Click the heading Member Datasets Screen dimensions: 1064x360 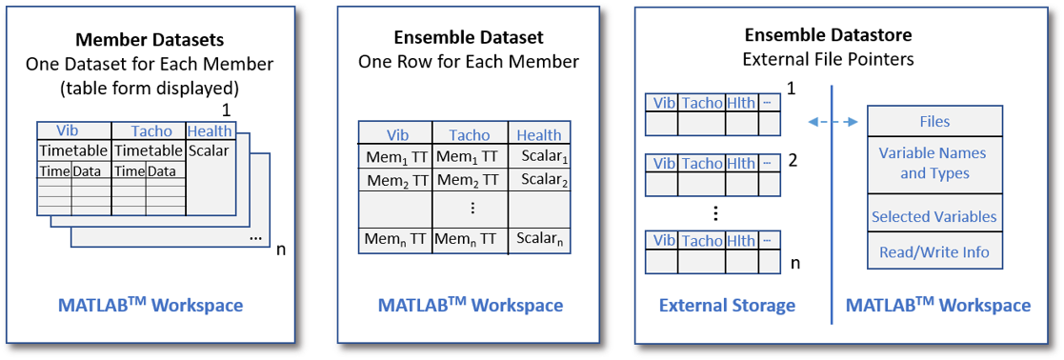[x=149, y=41]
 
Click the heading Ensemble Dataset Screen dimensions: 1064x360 [x=469, y=38]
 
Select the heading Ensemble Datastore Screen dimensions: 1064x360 [x=828, y=35]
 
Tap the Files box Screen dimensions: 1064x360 [x=934, y=122]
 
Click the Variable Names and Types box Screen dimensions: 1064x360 [x=934, y=163]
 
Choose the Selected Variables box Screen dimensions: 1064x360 [x=934, y=216]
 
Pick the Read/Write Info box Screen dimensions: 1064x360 [x=934, y=252]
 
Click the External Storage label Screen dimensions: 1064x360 [x=727, y=306]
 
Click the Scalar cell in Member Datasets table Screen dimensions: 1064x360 [x=209, y=150]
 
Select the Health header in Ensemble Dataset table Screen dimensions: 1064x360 [x=539, y=135]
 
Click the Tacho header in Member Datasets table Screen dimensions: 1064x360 [x=151, y=131]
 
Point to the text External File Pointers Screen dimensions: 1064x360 [x=828, y=59]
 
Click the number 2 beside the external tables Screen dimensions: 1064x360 [x=793, y=159]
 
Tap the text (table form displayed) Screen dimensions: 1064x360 [x=149, y=88]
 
